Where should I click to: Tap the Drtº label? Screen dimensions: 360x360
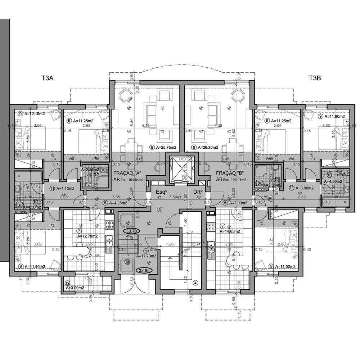[x=198, y=192]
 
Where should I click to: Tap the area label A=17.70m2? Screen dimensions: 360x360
[x=146, y=256]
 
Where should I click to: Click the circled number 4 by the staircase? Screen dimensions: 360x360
[x=195, y=283]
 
